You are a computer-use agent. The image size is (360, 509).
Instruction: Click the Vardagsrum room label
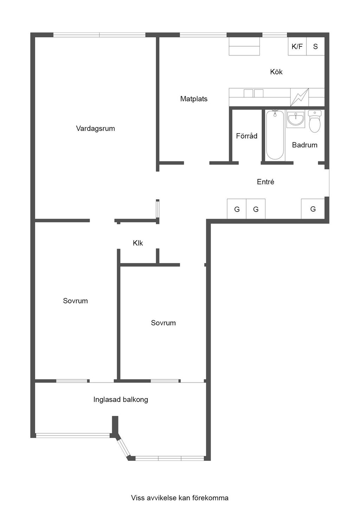click(95, 129)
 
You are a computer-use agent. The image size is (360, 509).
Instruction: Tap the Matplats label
click(194, 99)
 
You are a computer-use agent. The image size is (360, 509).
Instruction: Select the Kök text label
click(276, 72)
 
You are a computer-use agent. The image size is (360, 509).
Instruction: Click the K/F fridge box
click(297, 46)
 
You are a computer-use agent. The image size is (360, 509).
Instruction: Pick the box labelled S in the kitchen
click(315, 46)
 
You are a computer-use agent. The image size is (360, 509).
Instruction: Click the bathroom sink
click(295, 119)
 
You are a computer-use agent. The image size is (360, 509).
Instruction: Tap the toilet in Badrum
click(315, 121)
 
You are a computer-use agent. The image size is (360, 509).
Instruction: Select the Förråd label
click(246, 136)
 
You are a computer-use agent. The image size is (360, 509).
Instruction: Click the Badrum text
click(304, 145)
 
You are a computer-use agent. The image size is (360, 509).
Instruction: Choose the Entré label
click(265, 182)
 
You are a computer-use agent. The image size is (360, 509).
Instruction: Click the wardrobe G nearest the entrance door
click(313, 209)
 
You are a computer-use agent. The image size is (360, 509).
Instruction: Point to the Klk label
click(138, 243)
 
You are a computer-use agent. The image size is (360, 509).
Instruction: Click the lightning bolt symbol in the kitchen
click(300, 97)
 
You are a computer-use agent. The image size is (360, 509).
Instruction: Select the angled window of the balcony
click(124, 447)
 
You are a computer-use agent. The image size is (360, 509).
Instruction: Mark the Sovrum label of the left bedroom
click(75, 301)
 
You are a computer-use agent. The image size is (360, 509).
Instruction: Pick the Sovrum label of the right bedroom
click(163, 323)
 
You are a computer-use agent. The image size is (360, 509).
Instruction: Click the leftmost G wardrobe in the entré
click(237, 209)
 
